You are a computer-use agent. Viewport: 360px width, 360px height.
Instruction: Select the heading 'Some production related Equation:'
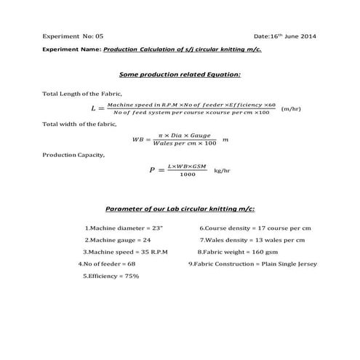click(179, 74)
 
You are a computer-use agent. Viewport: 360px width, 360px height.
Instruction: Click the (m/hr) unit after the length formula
click(290, 108)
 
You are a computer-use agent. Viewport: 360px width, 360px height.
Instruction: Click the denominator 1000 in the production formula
click(188, 174)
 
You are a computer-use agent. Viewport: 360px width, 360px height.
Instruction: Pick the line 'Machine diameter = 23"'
click(124, 228)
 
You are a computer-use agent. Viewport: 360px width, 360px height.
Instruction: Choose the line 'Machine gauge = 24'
click(118, 240)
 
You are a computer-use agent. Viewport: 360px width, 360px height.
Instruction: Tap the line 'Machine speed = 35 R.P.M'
click(125, 252)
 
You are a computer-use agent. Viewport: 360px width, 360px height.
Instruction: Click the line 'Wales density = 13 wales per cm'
click(252, 240)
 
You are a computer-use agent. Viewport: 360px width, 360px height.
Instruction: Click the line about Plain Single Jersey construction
click(252, 263)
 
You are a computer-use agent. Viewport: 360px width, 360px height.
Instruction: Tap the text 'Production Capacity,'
click(73, 154)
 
